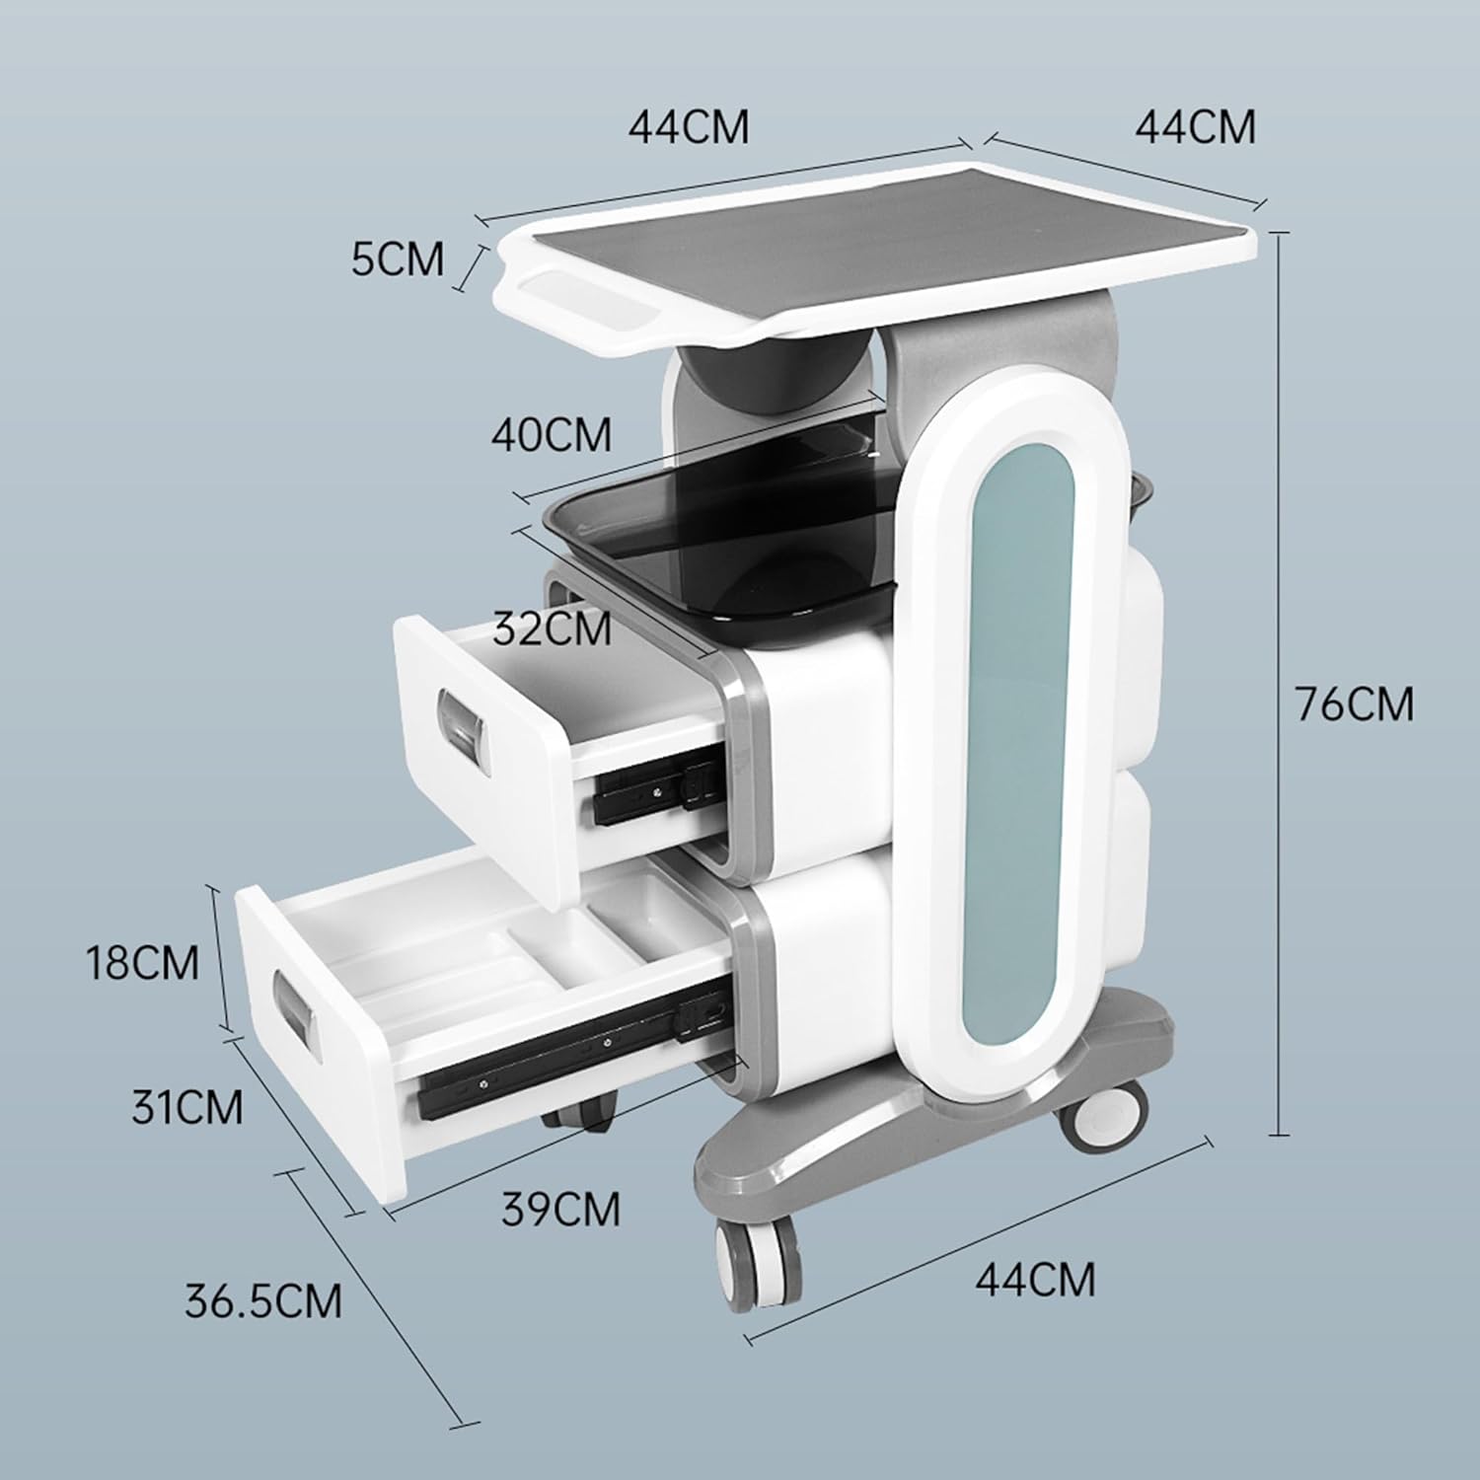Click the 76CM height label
1354,704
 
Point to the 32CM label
553,628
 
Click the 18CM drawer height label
142,962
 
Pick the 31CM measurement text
187,1107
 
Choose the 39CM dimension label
560,1209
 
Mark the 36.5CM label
263,1300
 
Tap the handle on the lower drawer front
297,1007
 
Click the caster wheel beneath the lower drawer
582,1115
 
